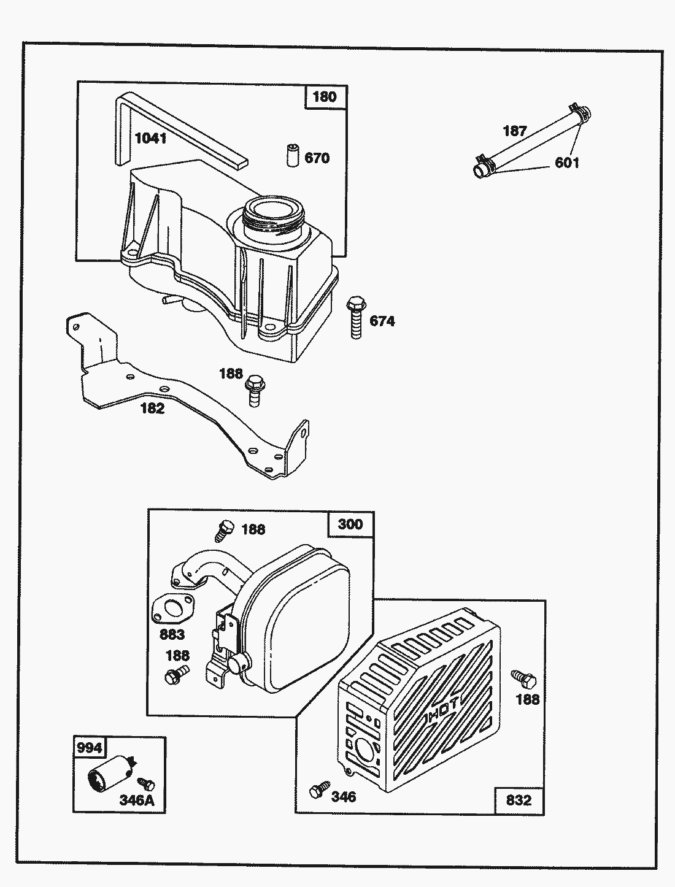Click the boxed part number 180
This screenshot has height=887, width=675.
tap(325, 97)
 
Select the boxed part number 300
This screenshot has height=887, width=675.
tap(350, 524)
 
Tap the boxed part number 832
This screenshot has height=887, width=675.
tap(519, 800)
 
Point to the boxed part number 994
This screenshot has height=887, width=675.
tap(89, 747)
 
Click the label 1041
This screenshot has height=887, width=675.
tap(150, 139)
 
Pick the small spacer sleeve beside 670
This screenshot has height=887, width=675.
tap(293, 155)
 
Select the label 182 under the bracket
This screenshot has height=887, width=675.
tap(152, 409)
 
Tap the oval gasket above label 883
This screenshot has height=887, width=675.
tap(172, 611)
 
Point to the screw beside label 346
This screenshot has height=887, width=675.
tap(319, 791)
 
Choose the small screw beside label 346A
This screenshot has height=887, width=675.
tap(147, 784)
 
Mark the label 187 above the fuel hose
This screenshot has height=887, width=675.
tap(514, 131)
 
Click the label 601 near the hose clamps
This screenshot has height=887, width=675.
tap(566, 163)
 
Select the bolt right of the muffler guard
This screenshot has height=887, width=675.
tap(523, 680)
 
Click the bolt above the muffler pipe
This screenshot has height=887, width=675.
tap(225, 529)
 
